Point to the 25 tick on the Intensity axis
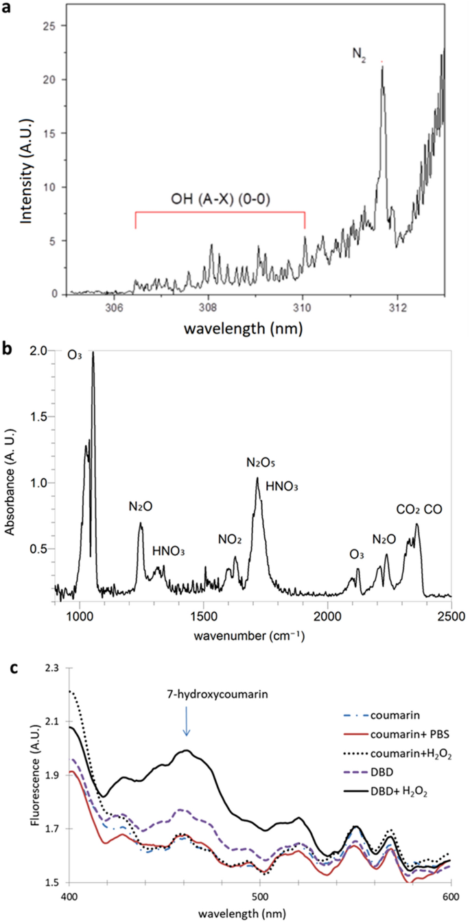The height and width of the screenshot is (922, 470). point(51,26)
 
